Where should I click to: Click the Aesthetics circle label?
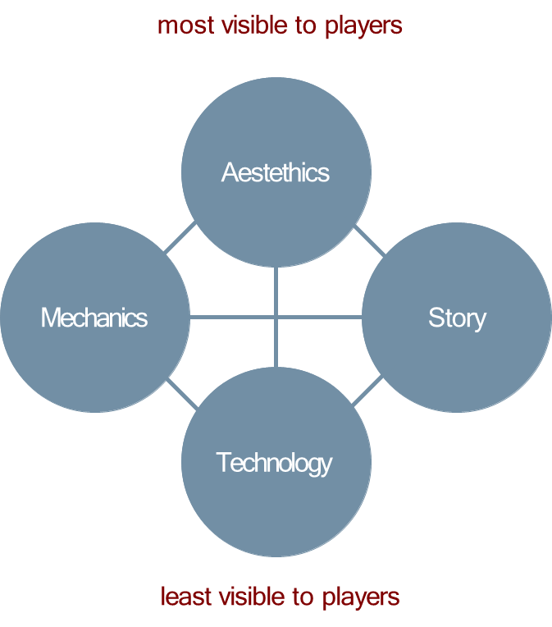276,173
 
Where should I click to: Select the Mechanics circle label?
94,318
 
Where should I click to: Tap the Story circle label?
457,318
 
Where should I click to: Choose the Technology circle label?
274,463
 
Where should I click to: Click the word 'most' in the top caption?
184,25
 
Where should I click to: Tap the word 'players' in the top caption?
363,26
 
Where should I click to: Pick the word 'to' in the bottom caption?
307,596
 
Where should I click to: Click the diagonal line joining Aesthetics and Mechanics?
181,237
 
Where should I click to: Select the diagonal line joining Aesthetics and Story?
370,237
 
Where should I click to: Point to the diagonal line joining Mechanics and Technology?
182,395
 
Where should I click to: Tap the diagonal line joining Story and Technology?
368,395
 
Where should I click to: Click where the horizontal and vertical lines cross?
276,317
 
